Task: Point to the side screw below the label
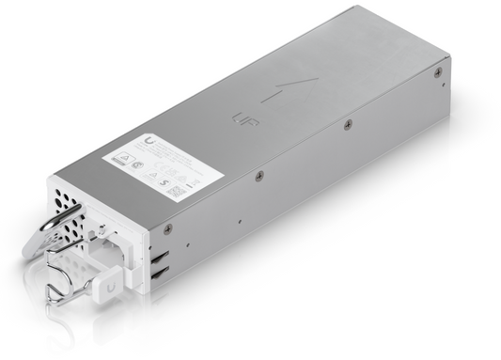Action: pos(258,177)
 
